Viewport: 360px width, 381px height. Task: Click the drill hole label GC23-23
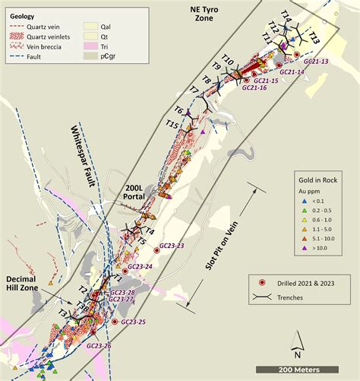[170, 246]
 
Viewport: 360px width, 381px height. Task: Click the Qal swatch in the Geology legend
[98, 24]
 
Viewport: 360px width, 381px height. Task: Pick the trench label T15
[172, 124]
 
